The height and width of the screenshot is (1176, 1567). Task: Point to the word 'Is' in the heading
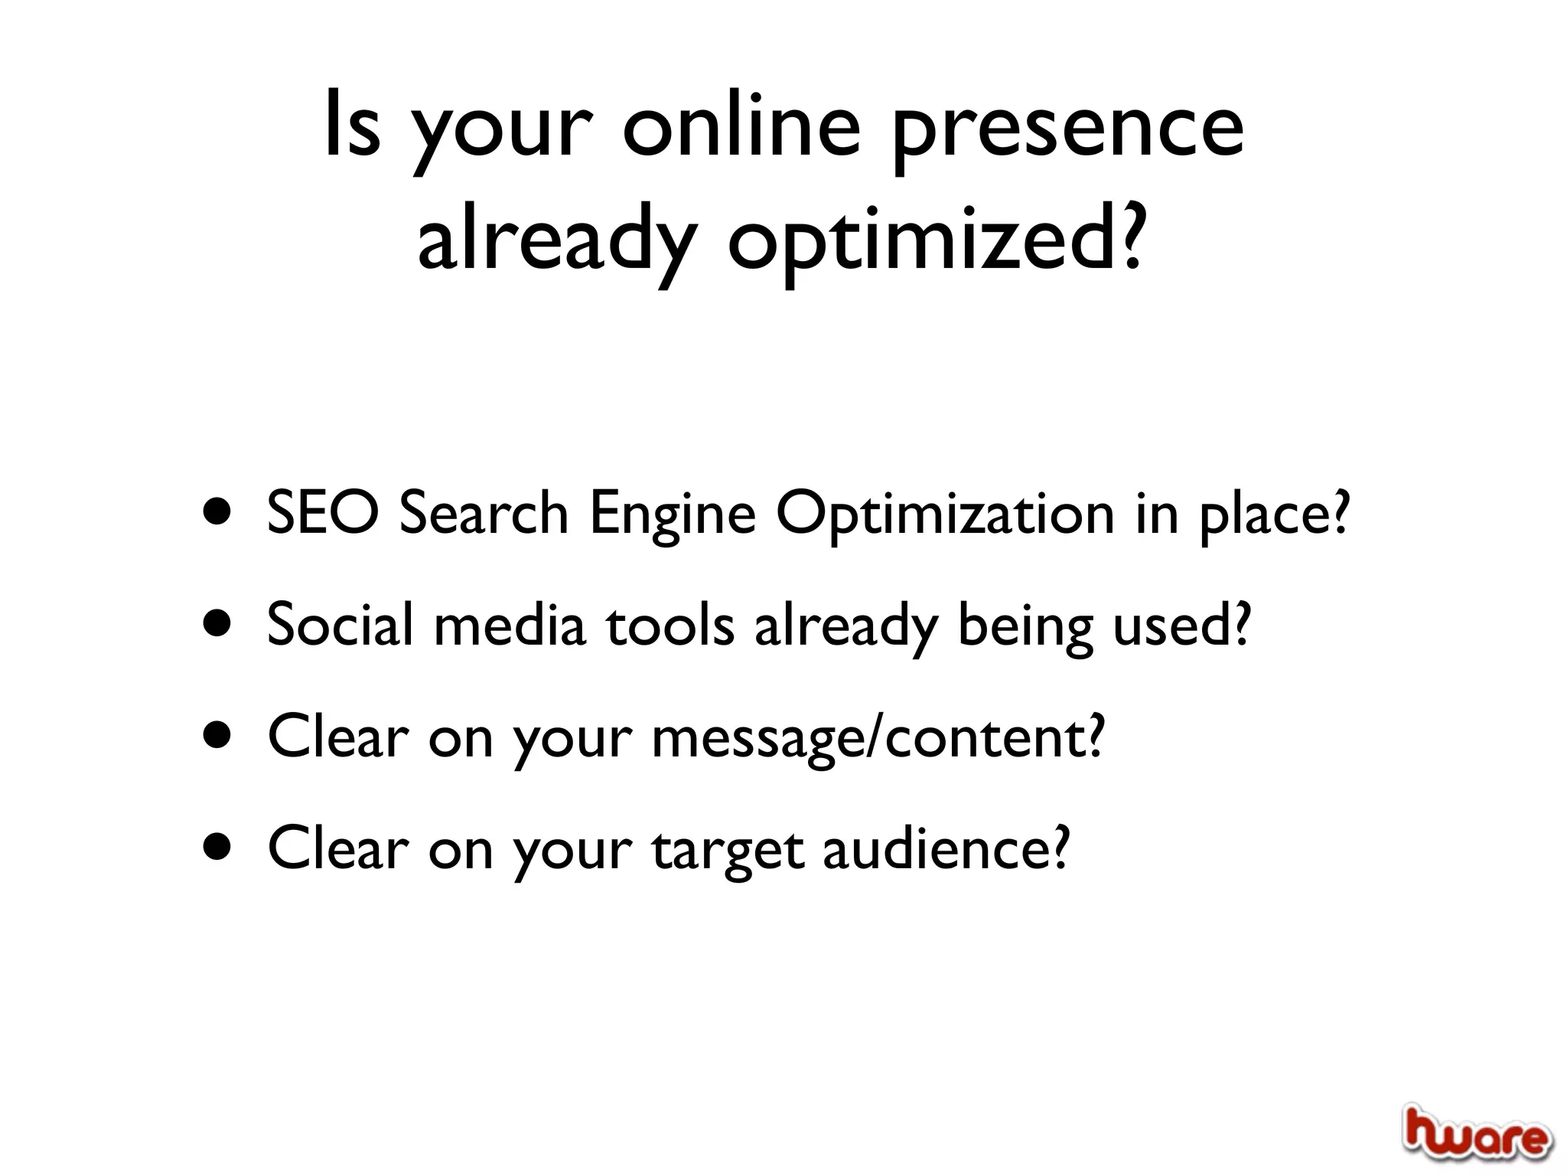click(351, 127)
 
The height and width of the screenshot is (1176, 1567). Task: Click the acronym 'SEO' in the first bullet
click(322, 513)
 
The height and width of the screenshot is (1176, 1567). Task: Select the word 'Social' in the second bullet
click(340, 625)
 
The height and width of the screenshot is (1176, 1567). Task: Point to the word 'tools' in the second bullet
click(671, 625)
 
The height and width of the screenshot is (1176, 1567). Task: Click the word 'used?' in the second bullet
click(1181, 625)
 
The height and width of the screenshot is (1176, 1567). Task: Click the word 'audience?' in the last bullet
click(946, 850)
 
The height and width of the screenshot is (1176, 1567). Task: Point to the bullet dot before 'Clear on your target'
click(218, 848)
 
